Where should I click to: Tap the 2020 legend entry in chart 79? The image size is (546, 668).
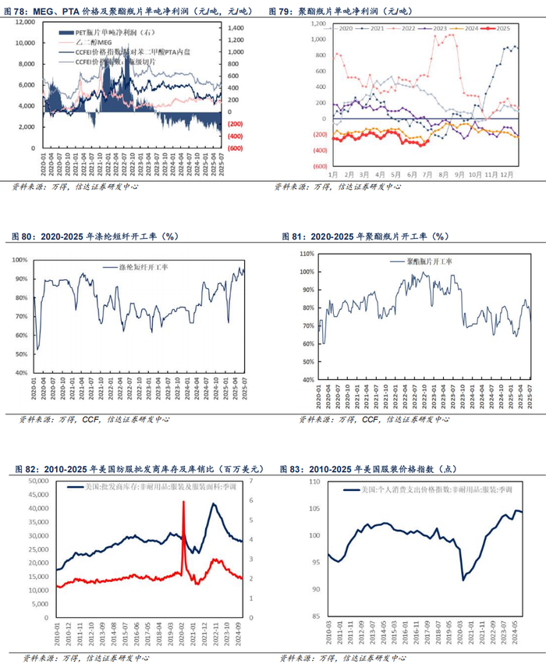(x=345, y=27)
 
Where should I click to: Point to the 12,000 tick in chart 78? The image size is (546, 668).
(x=25, y=23)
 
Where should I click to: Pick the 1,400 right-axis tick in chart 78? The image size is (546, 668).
(x=236, y=27)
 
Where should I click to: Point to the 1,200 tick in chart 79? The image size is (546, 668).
(x=317, y=23)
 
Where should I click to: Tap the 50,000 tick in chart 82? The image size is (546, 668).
(x=35, y=481)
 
